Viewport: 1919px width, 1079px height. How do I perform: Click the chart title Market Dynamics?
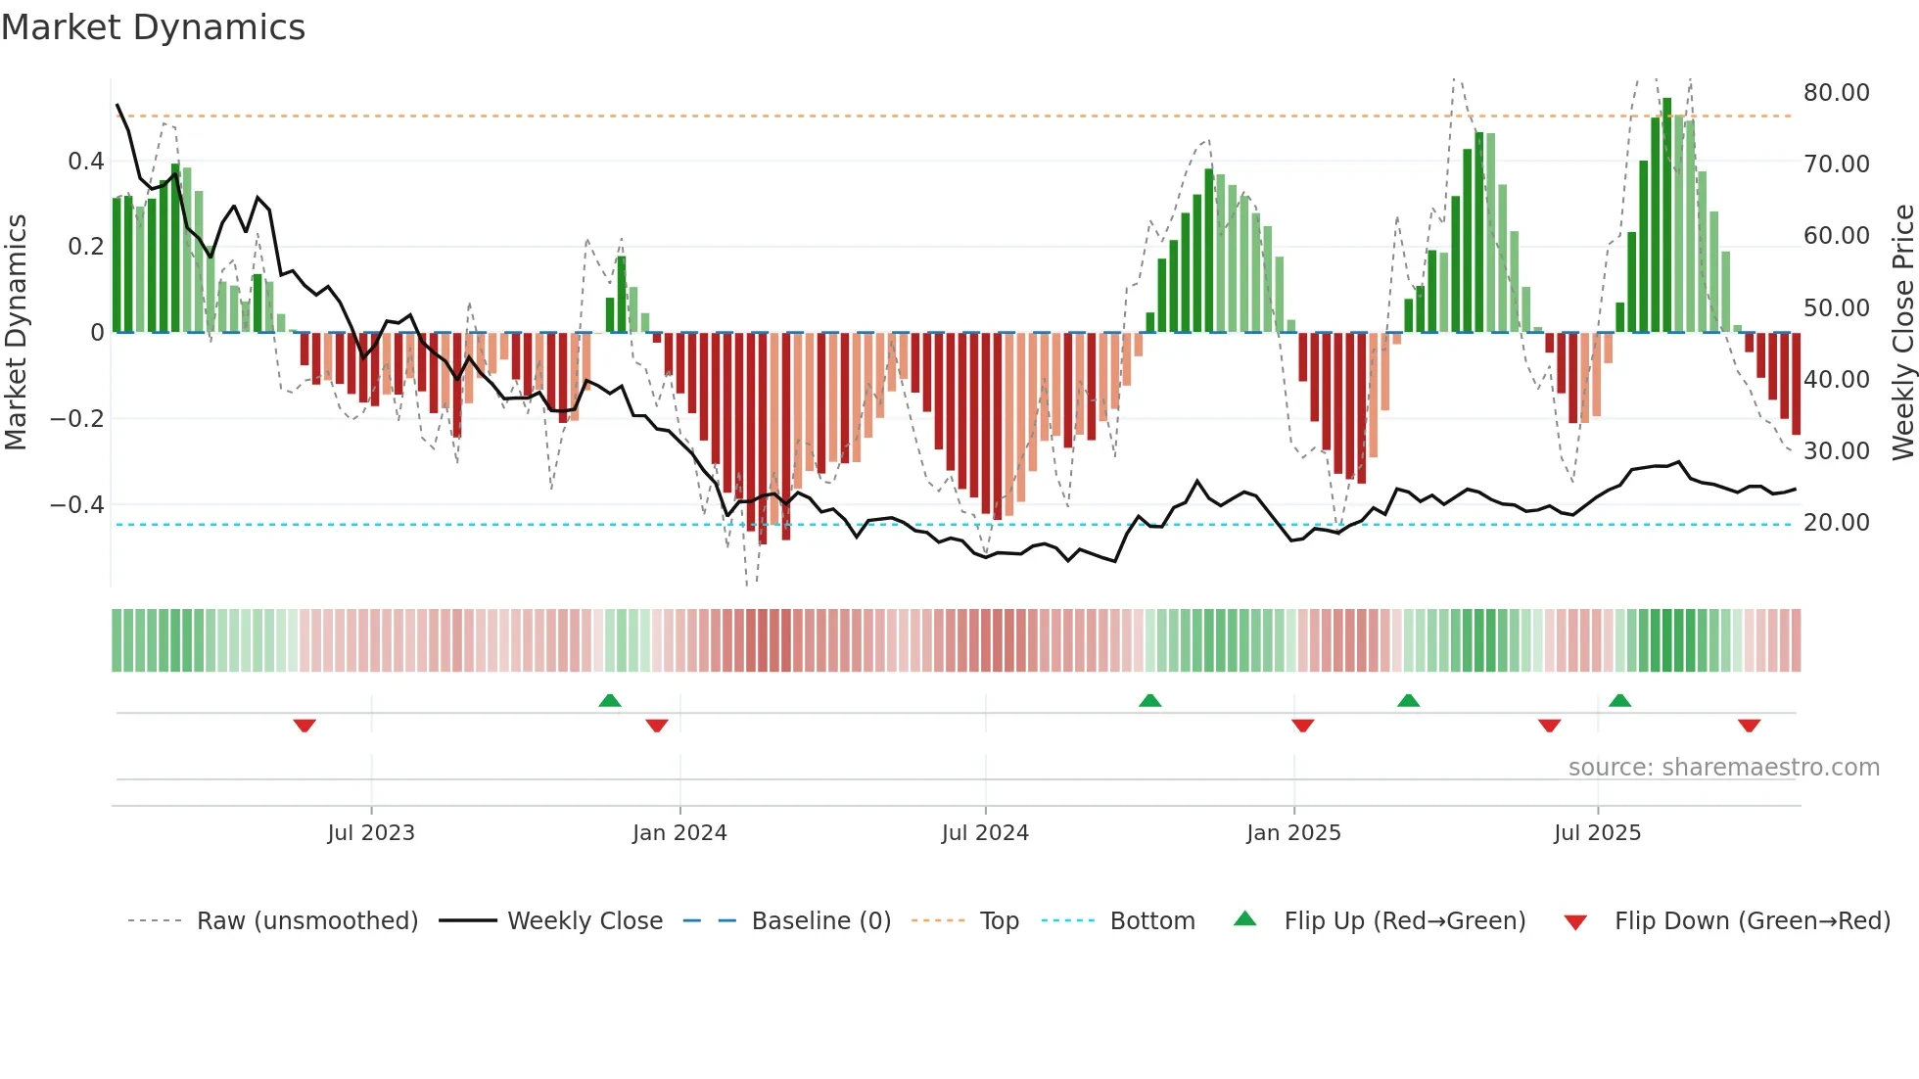pyautogui.click(x=154, y=27)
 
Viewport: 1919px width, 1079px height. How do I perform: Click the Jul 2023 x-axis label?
pyautogui.click(x=371, y=833)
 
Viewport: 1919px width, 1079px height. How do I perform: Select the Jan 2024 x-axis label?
pyautogui.click(x=679, y=833)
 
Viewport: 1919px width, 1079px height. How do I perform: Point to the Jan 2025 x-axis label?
pyautogui.click(x=1293, y=833)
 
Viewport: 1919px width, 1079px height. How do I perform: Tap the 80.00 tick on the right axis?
pyautogui.click(x=1836, y=93)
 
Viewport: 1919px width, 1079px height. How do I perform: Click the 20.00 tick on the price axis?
pyautogui.click(x=1836, y=523)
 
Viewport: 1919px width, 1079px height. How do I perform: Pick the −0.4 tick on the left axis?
pyautogui.click(x=77, y=505)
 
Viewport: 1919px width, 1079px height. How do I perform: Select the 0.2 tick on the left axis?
pyautogui.click(x=86, y=247)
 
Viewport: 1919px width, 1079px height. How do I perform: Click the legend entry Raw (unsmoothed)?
pyautogui.click(x=306, y=921)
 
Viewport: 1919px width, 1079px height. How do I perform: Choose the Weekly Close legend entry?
pyautogui.click(x=585, y=921)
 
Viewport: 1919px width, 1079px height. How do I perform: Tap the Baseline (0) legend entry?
pyautogui.click(x=820, y=921)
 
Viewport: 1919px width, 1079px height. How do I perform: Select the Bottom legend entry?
pyautogui.click(x=1151, y=921)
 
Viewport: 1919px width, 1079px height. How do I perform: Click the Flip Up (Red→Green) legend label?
pyautogui.click(x=1404, y=921)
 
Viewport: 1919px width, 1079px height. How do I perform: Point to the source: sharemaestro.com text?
pyautogui.click(x=1723, y=768)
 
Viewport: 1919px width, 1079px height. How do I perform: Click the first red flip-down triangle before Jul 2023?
pyautogui.click(x=304, y=726)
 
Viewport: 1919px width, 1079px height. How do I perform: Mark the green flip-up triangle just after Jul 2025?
pyautogui.click(x=1619, y=700)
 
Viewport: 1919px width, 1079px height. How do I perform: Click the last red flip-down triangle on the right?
pyautogui.click(x=1749, y=726)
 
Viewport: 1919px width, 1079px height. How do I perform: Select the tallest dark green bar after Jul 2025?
pyautogui.click(x=1666, y=215)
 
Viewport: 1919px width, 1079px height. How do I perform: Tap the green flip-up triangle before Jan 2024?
pyautogui.click(x=610, y=700)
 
